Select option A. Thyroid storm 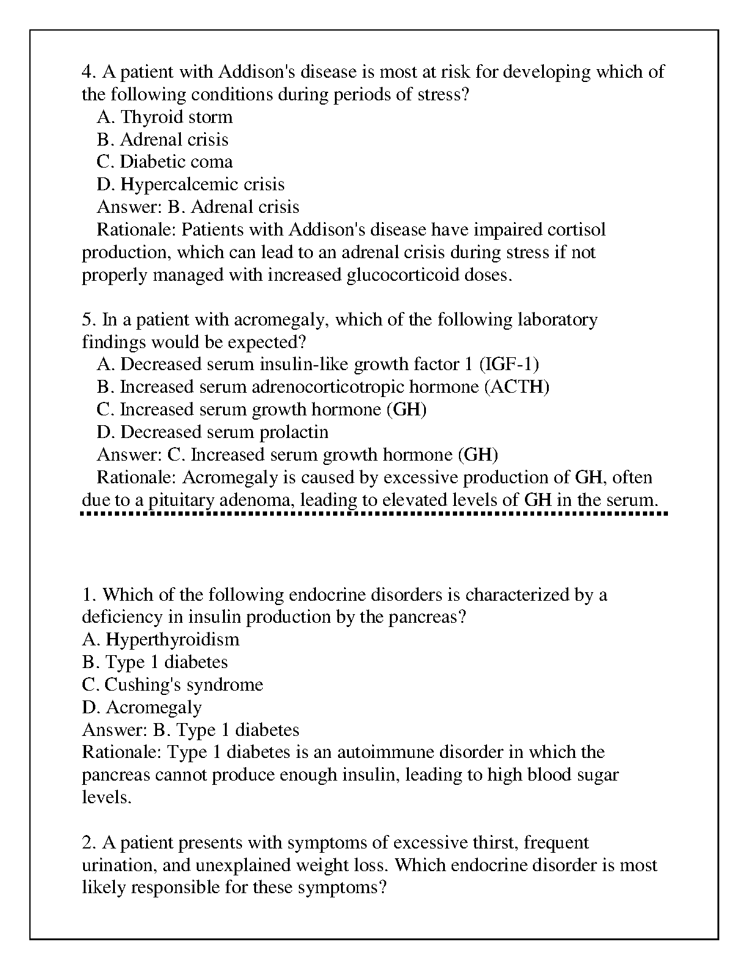(164, 117)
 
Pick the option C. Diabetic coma (164, 161)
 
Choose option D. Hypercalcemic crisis (190, 184)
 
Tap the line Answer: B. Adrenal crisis (198, 207)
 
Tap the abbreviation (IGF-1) (509, 365)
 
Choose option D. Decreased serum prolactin (212, 433)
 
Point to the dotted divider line (374, 514)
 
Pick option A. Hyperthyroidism (161, 639)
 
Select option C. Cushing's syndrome (172, 685)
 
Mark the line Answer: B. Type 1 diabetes (191, 730)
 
